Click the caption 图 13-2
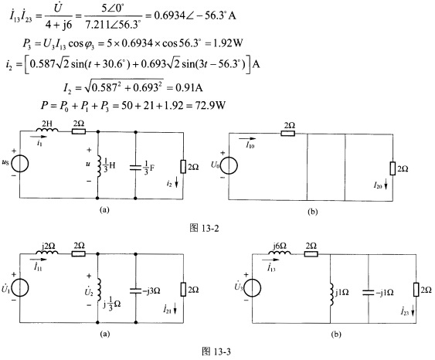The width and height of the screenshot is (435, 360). tap(204, 228)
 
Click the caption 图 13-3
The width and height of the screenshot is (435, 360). tap(216, 352)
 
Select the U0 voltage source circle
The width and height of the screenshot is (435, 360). tap(229, 165)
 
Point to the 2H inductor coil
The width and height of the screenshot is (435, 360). tap(47, 130)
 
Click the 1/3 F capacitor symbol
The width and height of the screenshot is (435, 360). tap(135, 168)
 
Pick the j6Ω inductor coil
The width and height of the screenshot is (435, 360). tap(280, 253)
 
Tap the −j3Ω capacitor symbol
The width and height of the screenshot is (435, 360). tap(136, 290)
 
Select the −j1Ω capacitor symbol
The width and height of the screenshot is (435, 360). tap(369, 293)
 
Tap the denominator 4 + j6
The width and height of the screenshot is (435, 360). tap(59, 25)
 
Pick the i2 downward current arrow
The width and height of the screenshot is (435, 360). tap(176, 184)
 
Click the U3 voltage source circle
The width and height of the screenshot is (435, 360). tap(253, 287)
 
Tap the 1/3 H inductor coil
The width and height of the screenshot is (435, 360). tap(99, 166)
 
